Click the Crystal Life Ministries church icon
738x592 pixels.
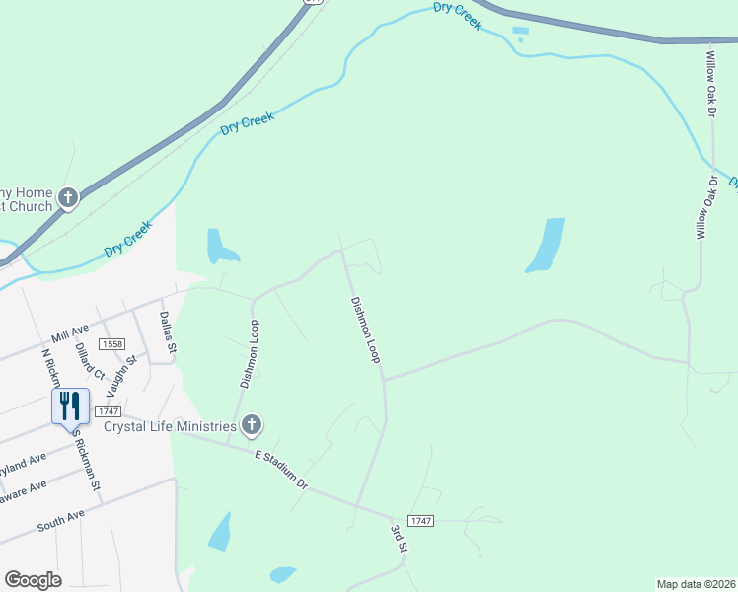tap(252, 425)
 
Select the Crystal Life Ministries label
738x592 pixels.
tap(170, 426)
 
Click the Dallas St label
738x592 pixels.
tap(168, 333)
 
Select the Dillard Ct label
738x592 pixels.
tap(89, 361)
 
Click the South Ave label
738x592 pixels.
tap(60, 521)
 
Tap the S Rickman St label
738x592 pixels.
tap(88, 463)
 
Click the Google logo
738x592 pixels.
tap(33, 580)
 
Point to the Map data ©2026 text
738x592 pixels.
tap(696, 583)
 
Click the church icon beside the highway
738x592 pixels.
tap(68, 198)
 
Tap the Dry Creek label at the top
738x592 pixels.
tap(458, 16)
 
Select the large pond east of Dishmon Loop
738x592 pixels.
tap(546, 244)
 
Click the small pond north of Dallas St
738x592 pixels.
tap(219, 246)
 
